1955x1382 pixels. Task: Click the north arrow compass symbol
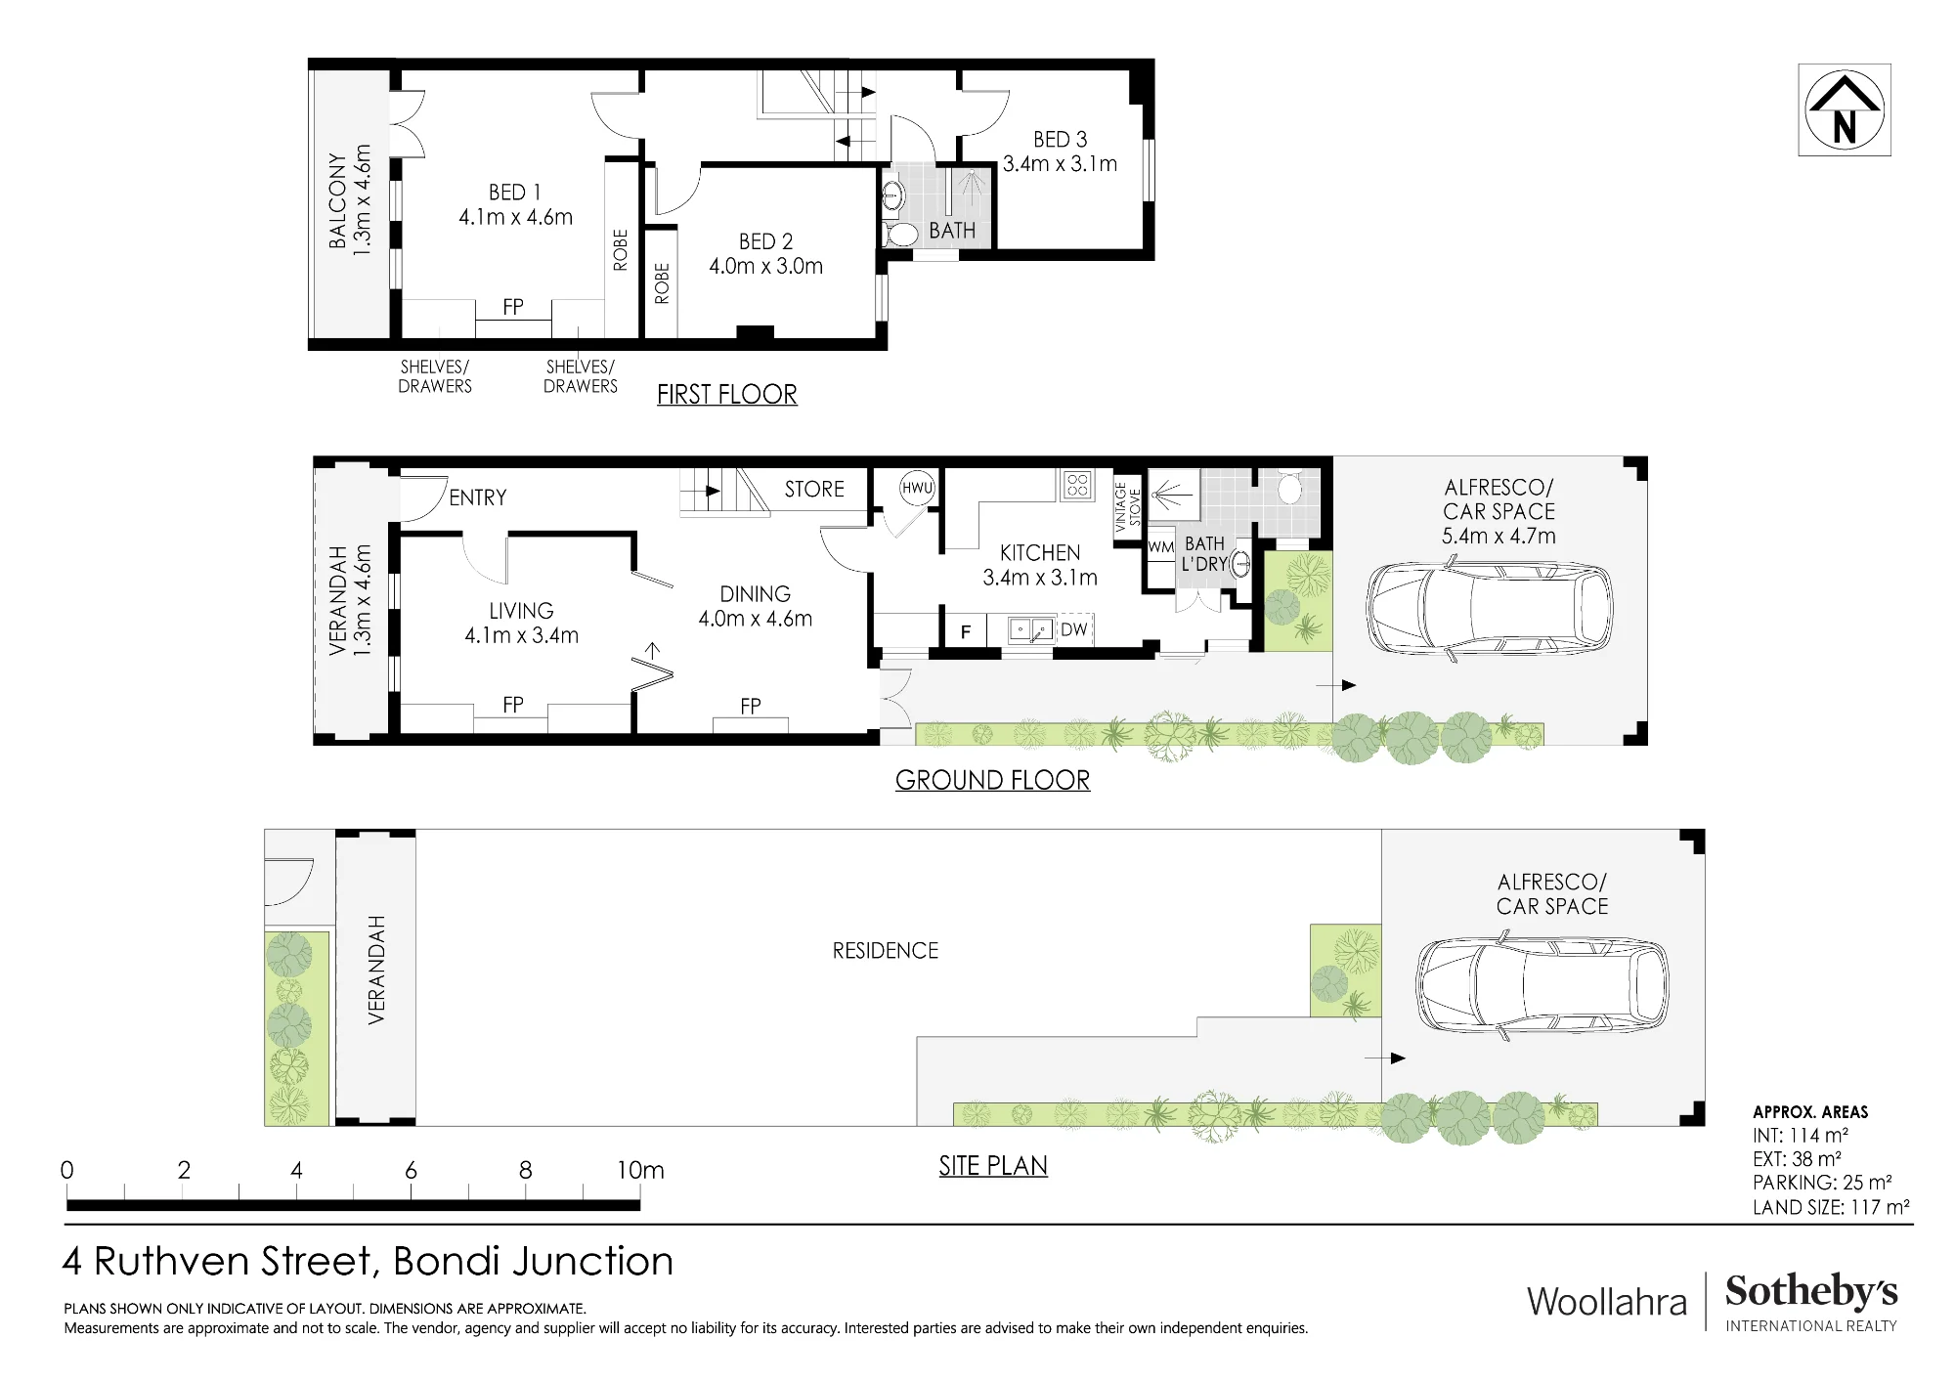tap(1845, 109)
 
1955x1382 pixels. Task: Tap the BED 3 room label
tap(1061, 140)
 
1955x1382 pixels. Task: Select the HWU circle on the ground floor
tap(917, 488)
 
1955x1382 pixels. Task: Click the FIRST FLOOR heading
tap(727, 395)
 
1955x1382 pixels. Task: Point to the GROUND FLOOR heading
tap(992, 780)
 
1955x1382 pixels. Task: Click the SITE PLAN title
tap(993, 1166)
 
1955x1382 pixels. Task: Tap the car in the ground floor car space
tap(1489, 609)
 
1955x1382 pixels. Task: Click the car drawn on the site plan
tap(1542, 985)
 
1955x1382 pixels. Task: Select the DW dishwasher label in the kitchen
tap(1073, 629)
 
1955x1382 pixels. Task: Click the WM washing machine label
tap(1160, 547)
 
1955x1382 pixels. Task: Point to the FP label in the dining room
tap(751, 706)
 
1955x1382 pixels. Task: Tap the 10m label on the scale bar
tap(640, 1170)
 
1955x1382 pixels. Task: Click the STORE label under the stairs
tap(814, 489)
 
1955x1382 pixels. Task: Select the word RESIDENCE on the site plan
tap(886, 951)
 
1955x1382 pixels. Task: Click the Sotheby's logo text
tap(1811, 1291)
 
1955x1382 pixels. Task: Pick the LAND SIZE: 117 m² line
tap(1831, 1207)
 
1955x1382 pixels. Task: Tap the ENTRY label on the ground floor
tap(478, 497)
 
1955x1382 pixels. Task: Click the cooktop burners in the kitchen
tap(1078, 485)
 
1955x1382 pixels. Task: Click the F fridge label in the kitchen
tap(966, 632)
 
